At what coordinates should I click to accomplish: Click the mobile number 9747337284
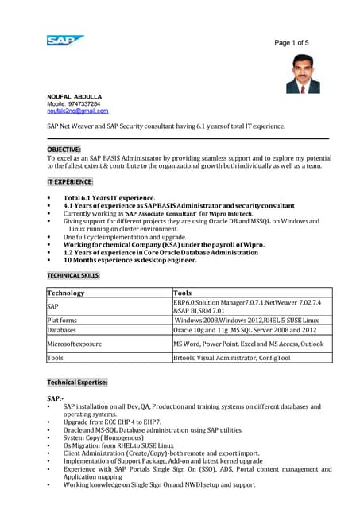point(82,103)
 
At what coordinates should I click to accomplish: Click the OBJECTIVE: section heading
point(64,149)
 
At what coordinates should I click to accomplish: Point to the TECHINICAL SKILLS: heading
point(74,274)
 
